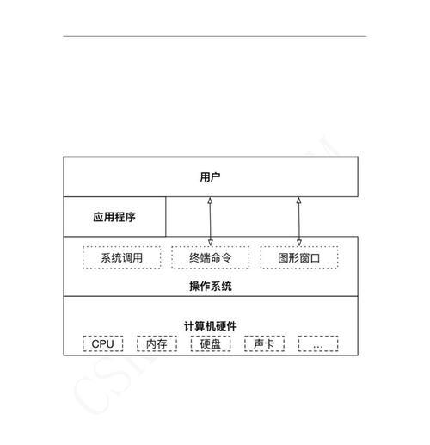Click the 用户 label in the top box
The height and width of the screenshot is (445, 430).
(x=210, y=176)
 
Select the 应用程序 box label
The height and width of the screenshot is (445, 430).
(x=114, y=217)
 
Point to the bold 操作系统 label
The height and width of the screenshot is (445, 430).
(x=211, y=286)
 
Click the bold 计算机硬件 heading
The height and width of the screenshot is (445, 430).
(x=211, y=326)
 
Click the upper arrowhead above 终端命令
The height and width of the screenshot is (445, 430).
(x=210, y=201)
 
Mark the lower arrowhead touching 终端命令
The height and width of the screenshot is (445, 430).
(x=211, y=243)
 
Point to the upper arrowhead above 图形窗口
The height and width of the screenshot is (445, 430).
(x=298, y=201)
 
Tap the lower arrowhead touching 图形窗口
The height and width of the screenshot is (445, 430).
(x=299, y=243)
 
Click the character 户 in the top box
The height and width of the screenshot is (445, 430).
(x=216, y=176)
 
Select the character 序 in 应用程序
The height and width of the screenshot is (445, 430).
(x=131, y=217)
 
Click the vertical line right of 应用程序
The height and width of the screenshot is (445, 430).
(x=166, y=217)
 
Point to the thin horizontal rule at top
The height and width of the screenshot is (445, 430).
(x=215, y=36)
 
